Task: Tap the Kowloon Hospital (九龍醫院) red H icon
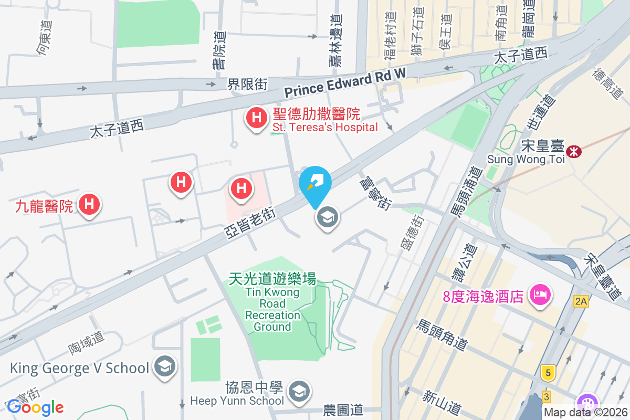tap(89, 204)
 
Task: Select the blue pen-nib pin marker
tap(315, 183)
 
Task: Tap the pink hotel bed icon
tap(541, 294)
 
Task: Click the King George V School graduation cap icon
tap(165, 368)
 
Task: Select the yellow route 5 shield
tap(549, 373)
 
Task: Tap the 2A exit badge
tap(580, 301)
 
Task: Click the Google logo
tap(35, 407)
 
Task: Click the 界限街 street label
tap(247, 84)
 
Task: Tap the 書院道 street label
tap(221, 50)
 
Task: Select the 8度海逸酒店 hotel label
tap(482, 296)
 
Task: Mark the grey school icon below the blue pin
tap(328, 217)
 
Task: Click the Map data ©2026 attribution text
tap(585, 413)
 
